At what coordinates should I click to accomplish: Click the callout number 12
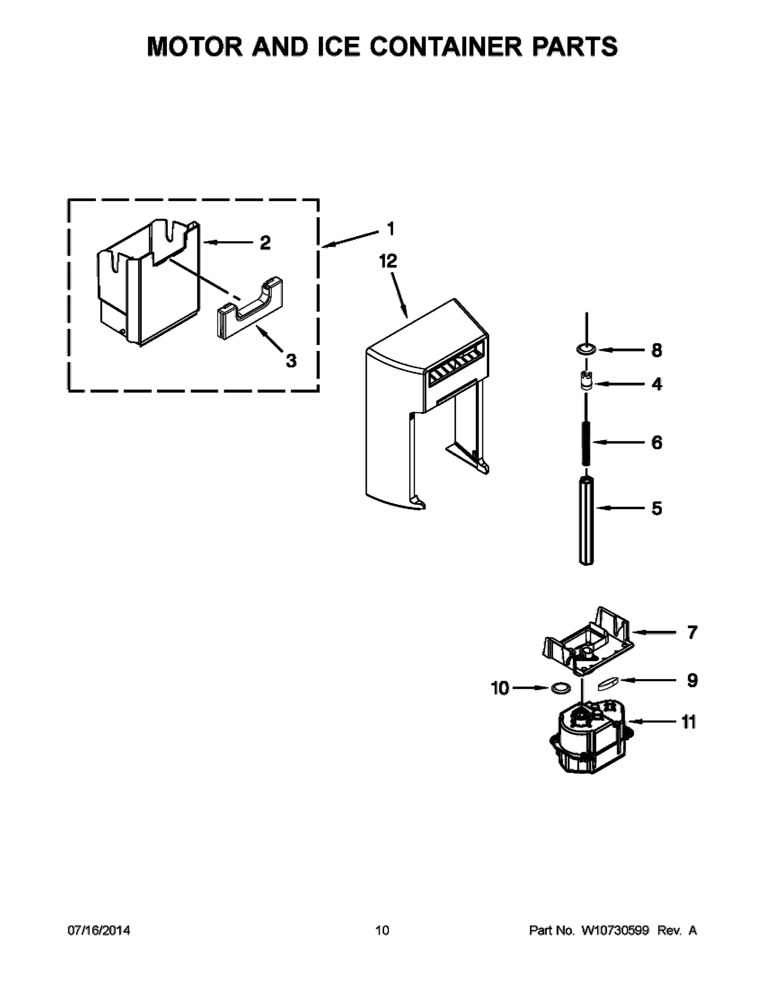tap(388, 261)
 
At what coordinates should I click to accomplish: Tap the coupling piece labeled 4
tap(586, 381)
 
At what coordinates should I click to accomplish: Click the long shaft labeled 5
tap(586, 521)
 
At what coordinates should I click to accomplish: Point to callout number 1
tap(390, 229)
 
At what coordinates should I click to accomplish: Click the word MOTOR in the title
tap(195, 47)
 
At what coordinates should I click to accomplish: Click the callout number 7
tap(692, 633)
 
